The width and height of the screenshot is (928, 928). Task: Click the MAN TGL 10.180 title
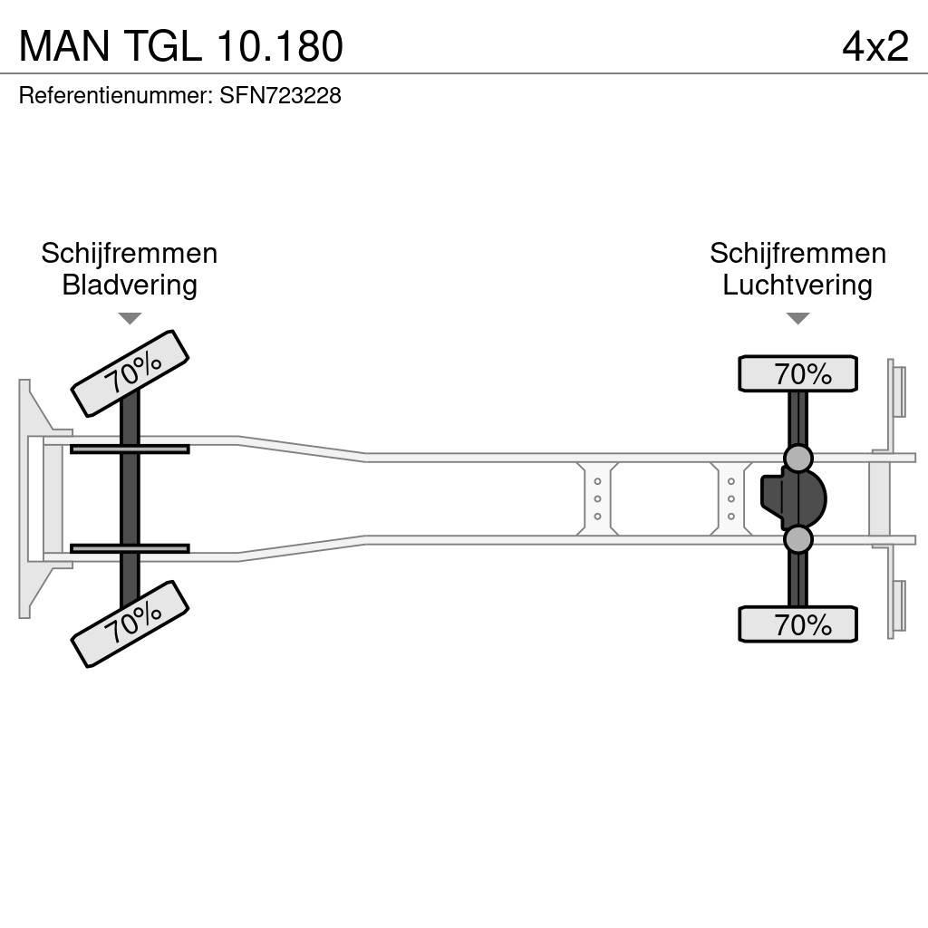(x=180, y=46)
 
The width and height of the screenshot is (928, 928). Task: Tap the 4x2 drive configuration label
(x=875, y=46)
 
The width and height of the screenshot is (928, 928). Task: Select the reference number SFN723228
(x=280, y=95)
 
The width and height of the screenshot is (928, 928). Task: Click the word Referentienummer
(x=115, y=95)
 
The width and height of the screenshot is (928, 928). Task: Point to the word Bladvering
(x=130, y=285)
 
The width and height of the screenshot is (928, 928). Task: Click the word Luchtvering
(x=797, y=285)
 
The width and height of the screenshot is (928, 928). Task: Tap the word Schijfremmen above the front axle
(x=130, y=254)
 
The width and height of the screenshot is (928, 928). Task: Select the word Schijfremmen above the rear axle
(x=797, y=254)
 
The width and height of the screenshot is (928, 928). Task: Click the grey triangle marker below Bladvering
(x=130, y=318)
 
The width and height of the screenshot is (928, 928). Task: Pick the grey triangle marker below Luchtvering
(x=797, y=318)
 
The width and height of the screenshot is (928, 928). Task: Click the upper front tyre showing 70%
(x=130, y=373)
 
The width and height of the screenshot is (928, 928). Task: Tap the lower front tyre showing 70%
(x=130, y=623)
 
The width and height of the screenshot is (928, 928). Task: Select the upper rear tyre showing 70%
(x=797, y=373)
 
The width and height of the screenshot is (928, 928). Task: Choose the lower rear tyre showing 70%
(x=797, y=624)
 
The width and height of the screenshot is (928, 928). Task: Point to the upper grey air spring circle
(x=797, y=459)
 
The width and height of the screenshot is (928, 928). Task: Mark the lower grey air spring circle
(x=797, y=539)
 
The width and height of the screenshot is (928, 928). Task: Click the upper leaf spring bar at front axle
(x=130, y=449)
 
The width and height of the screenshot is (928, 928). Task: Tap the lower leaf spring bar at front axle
(x=130, y=548)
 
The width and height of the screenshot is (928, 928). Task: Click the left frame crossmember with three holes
(x=597, y=498)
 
